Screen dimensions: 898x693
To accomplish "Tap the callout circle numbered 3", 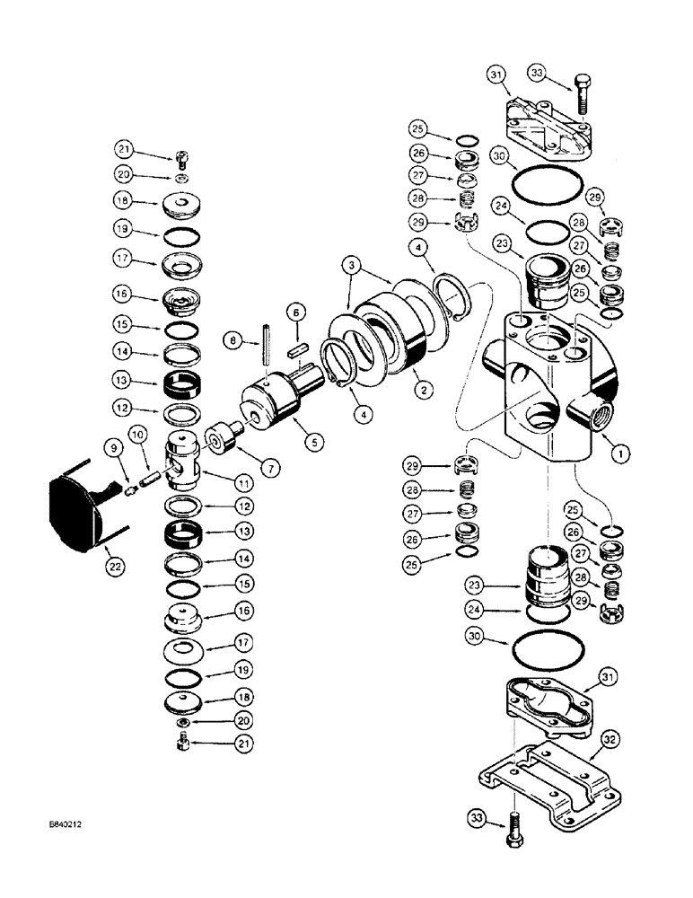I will click(353, 267).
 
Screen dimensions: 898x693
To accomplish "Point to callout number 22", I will click(117, 567).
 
